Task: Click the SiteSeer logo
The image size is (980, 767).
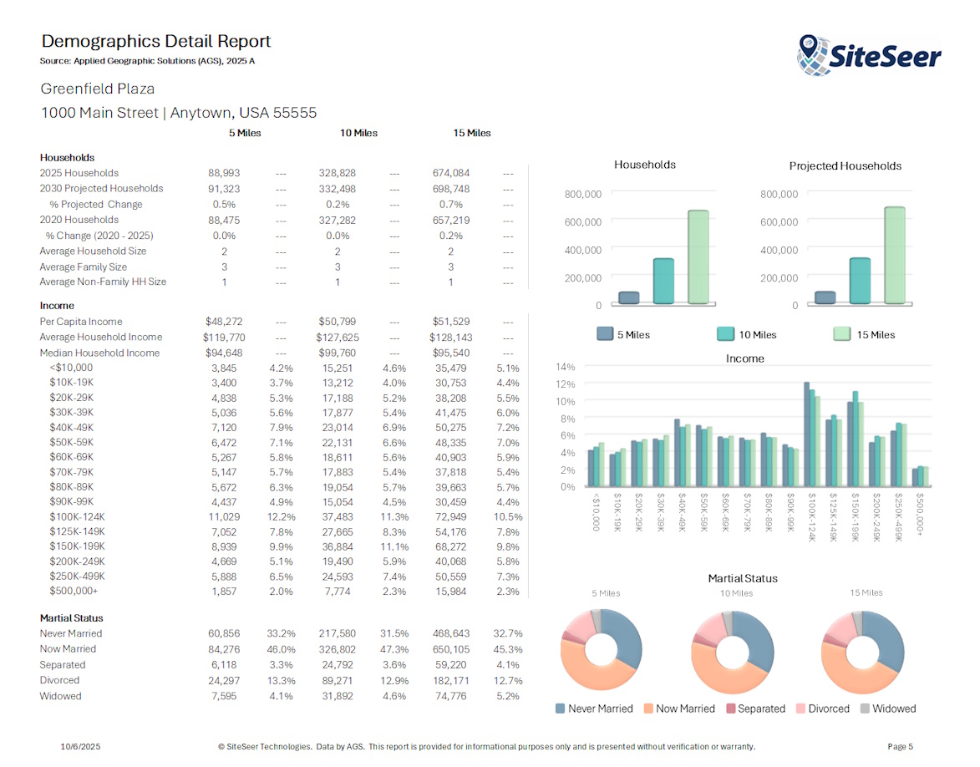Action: (x=869, y=55)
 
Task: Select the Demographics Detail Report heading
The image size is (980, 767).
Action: (x=156, y=41)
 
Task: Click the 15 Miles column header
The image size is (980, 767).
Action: (x=471, y=133)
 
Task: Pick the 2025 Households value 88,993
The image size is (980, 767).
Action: (x=224, y=173)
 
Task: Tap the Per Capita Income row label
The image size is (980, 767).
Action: (x=81, y=322)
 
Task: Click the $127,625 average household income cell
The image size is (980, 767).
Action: (x=338, y=338)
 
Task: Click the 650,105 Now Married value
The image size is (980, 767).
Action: (x=450, y=649)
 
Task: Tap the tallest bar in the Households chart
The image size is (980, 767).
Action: (x=698, y=257)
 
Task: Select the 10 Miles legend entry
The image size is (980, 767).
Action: (x=748, y=335)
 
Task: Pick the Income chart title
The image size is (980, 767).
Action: (x=744, y=358)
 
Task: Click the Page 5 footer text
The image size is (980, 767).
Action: (x=900, y=746)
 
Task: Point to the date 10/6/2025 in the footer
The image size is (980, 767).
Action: (x=81, y=746)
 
